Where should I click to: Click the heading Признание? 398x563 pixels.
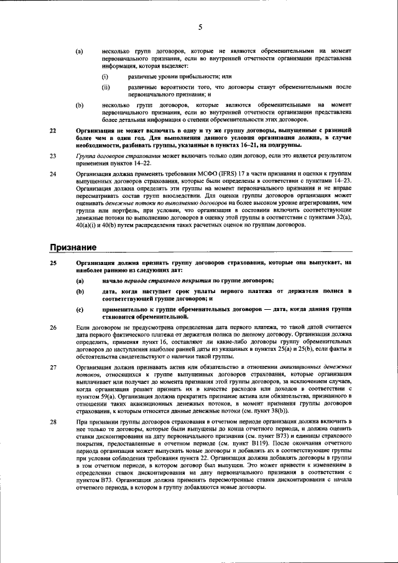pyautogui.click(x=73, y=248)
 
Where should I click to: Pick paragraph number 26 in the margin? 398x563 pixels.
pyautogui.click(x=53, y=327)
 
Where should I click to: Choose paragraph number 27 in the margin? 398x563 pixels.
pyautogui.click(x=53, y=368)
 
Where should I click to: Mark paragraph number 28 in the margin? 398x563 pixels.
pyautogui.click(x=53, y=422)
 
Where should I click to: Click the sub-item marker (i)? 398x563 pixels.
pyautogui.click(x=106, y=76)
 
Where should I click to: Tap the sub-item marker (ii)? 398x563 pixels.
pyautogui.click(x=106, y=87)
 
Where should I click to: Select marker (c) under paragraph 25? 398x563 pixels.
pyautogui.click(x=80, y=309)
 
